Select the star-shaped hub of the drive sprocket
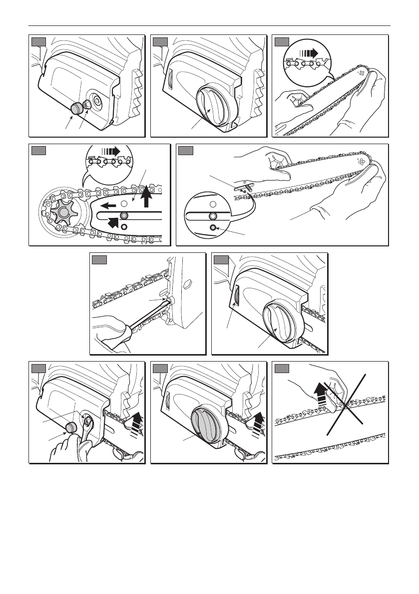[x=63, y=211]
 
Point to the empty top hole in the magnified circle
[x=212, y=204]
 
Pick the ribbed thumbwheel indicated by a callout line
[x=236, y=299]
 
